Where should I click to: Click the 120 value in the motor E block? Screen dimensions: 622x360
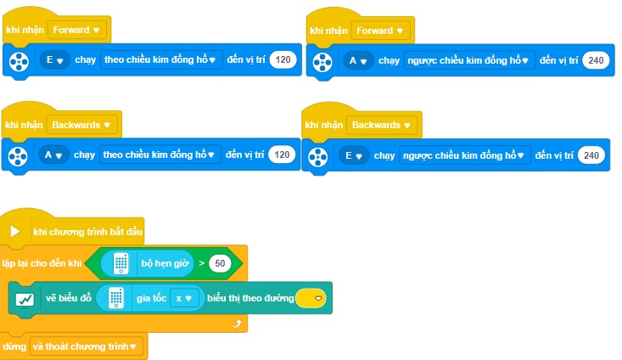click(x=283, y=60)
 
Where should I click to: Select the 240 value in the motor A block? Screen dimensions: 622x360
click(x=596, y=60)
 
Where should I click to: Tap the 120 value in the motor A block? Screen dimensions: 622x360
click(x=282, y=155)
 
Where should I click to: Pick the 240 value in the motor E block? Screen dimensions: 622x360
click(x=591, y=155)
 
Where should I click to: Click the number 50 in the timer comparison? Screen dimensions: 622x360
click(x=220, y=263)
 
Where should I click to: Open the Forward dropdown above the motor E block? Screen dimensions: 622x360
click(x=77, y=31)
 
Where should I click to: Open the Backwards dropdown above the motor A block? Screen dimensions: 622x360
click(x=81, y=125)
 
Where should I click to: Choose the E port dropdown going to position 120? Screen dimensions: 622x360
click(x=55, y=60)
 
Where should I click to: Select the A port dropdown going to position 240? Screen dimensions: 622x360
click(x=358, y=61)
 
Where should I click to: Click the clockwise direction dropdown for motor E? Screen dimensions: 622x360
click(x=160, y=60)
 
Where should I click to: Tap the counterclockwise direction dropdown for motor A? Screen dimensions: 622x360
click(x=469, y=61)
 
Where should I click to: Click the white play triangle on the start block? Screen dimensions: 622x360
click(x=15, y=232)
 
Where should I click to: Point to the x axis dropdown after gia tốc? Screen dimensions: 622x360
click(x=183, y=299)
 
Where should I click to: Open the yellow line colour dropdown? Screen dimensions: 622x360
click(x=311, y=298)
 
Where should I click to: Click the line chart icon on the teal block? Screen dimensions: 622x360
click(x=25, y=299)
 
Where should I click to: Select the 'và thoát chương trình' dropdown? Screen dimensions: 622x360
click(x=85, y=347)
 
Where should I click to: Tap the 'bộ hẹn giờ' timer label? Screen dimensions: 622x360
click(x=165, y=263)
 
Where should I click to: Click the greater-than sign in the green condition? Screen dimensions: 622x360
click(x=201, y=263)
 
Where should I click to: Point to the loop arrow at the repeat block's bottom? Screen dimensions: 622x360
click(x=237, y=323)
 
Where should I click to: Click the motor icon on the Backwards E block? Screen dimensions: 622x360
click(x=317, y=157)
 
